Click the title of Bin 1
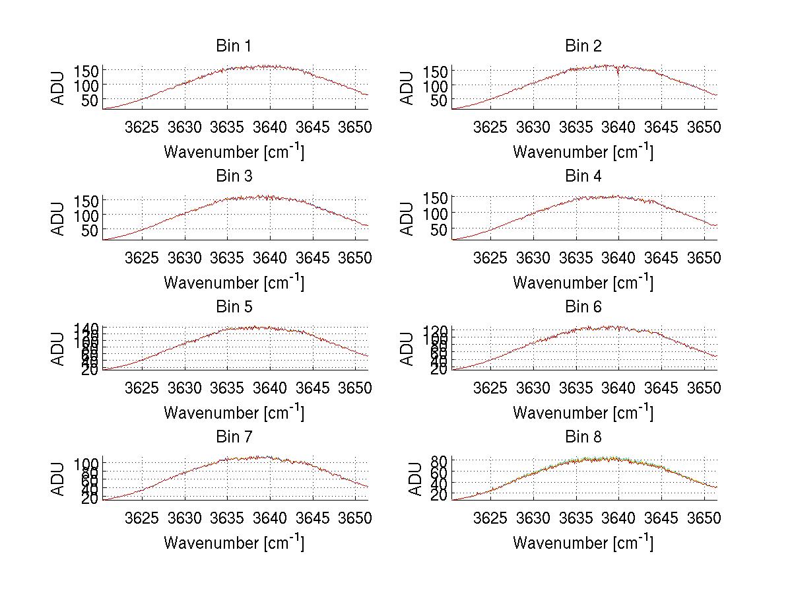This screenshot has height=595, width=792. [233, 46]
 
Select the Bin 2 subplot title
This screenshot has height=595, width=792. [583, 46]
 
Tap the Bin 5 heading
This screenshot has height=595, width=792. [233, 307]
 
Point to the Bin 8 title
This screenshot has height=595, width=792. [583, 437]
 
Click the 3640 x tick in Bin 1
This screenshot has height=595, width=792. [270, 127]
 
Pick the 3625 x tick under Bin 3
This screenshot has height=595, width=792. [142, 257]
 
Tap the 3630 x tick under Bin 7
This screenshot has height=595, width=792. [185, 518]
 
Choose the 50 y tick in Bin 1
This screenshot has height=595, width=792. [90, 100]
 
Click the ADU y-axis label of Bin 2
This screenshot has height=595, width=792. [407, 87]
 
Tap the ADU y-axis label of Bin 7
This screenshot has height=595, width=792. [58, 478]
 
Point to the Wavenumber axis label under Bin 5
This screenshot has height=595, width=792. [234, 413]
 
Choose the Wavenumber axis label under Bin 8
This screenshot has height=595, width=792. [583, 543]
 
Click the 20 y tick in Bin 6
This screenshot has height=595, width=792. [440, 369]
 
